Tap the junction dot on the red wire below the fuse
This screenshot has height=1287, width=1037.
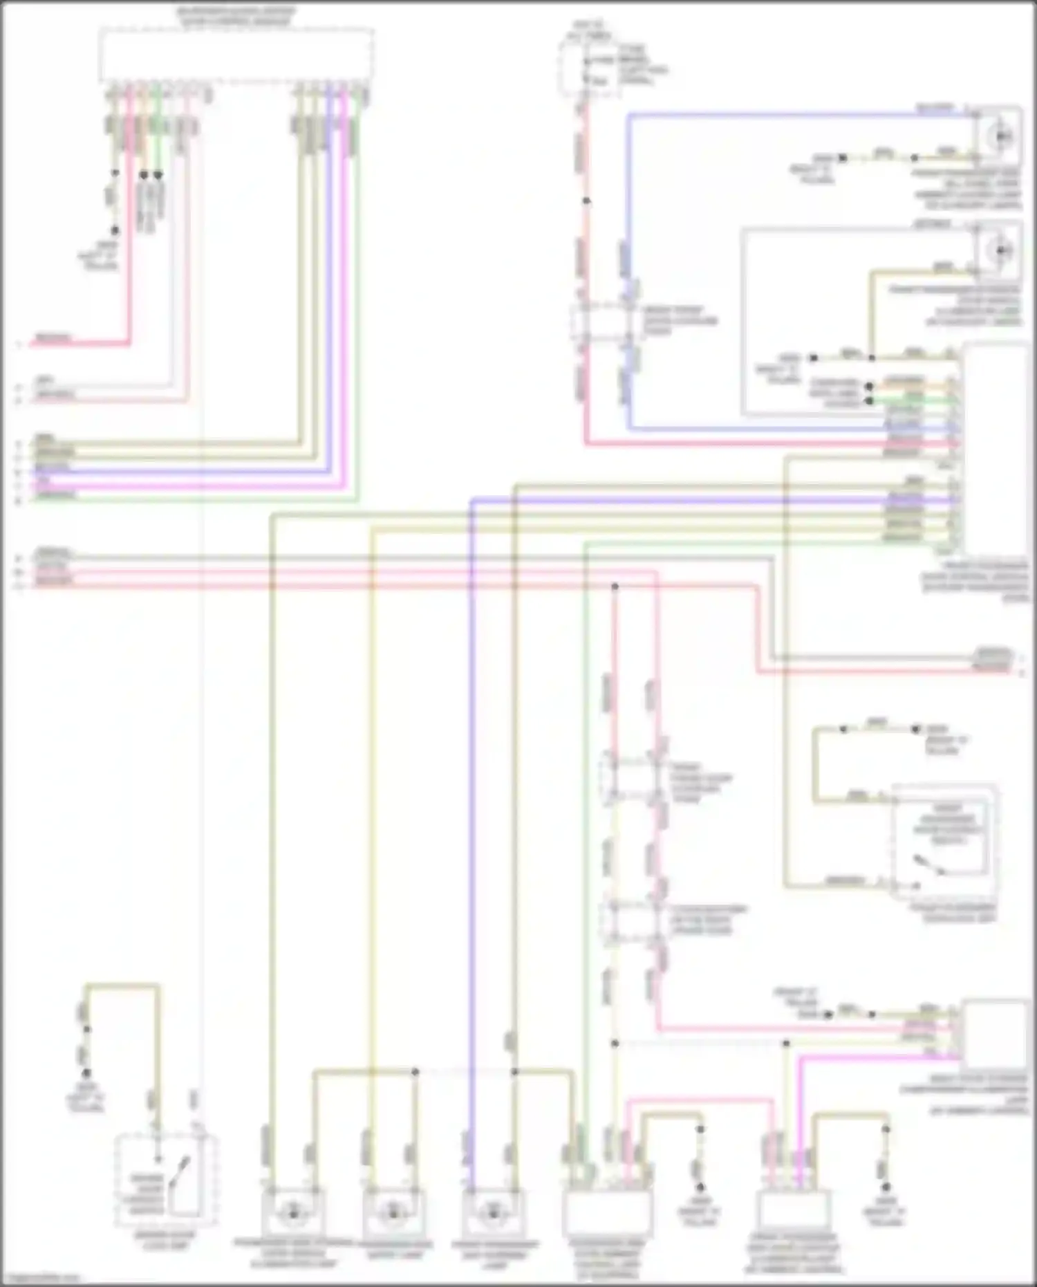tap(586, 201)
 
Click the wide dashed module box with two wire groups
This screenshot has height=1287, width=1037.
tap(236, 55)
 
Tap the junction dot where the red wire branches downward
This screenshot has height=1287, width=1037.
tap(615, 586)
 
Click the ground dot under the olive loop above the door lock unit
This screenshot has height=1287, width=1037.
tap(86, 1073)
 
